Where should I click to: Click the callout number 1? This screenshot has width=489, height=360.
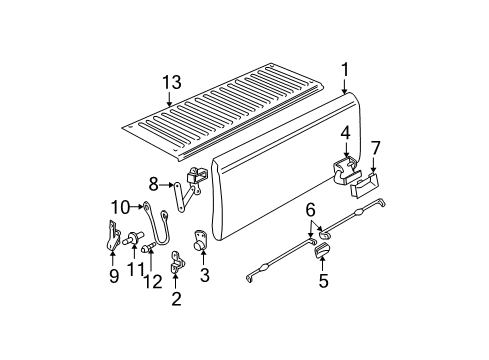344,70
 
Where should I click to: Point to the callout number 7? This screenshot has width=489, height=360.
375,148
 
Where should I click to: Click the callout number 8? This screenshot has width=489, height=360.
153,183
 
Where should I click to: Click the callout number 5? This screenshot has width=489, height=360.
323,282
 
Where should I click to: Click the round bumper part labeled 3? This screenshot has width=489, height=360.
198,240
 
